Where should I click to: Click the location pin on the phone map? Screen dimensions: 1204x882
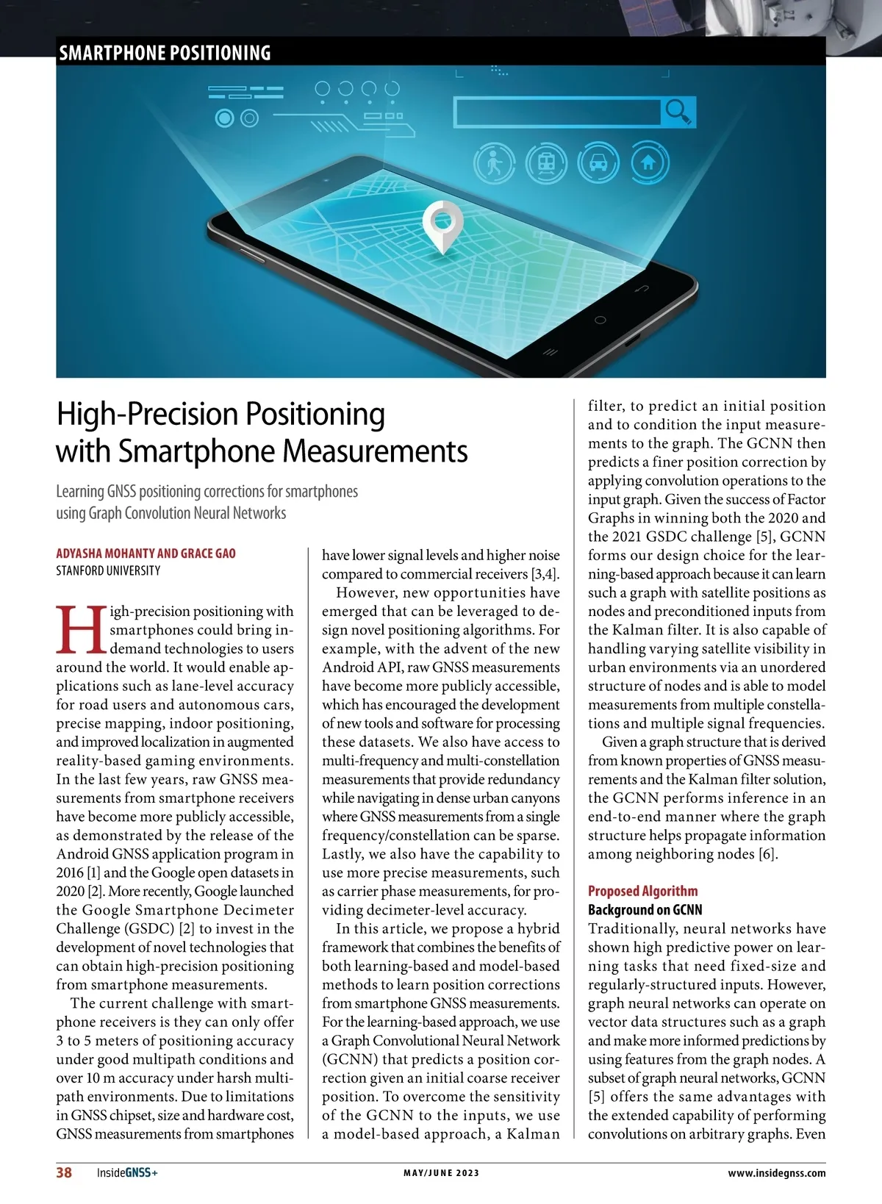point(443,224)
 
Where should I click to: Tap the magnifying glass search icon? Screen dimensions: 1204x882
point(678,112)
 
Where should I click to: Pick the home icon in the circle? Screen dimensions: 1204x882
point(648,163)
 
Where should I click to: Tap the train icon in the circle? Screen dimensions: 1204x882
point(546,163)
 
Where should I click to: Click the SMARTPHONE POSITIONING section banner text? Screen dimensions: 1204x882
point(165,53)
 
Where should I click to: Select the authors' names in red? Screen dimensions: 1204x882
point(146,553)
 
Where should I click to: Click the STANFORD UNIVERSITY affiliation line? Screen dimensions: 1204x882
point(108,570)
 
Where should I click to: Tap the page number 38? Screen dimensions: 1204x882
point(64,1172)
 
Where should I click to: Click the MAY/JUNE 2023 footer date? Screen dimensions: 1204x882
point(441,1173)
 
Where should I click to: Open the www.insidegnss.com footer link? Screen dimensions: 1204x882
point(776,1173)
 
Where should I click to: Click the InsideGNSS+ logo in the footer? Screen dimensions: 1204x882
point(127,1173)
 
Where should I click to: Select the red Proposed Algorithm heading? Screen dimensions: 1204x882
point(642,891)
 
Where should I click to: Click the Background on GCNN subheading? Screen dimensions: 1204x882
point(645,910)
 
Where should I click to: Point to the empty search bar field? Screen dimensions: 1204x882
point(557,112)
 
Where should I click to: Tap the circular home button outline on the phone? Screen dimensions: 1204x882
point(600,320)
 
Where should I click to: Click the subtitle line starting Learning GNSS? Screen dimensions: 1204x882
point(207,491)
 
